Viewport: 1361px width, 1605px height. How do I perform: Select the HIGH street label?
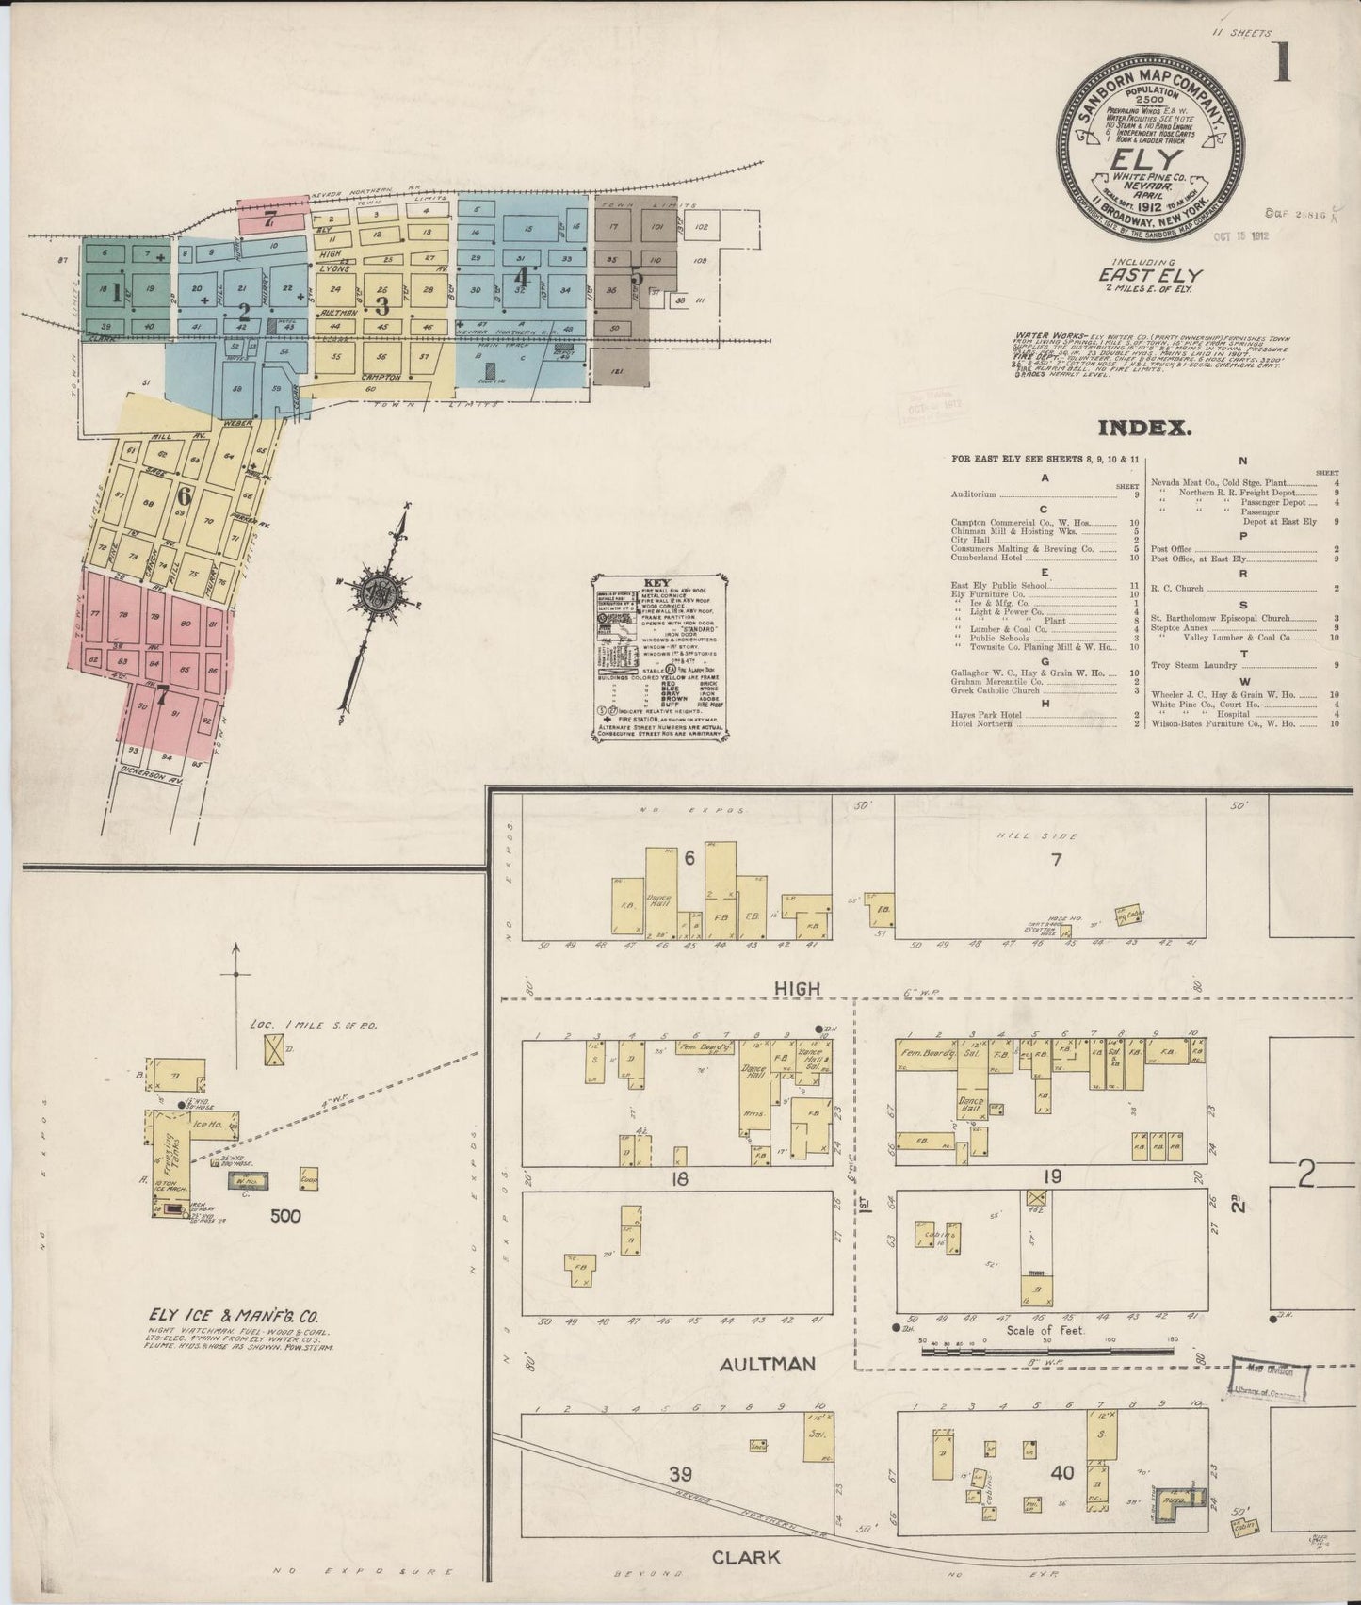[x=798, y=988]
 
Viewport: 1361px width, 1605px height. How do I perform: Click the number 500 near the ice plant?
[x=284, y=1215]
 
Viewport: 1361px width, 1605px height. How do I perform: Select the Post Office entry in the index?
[x=1172, y=547]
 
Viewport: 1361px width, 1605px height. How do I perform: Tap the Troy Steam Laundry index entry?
[x=1196, y=664]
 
